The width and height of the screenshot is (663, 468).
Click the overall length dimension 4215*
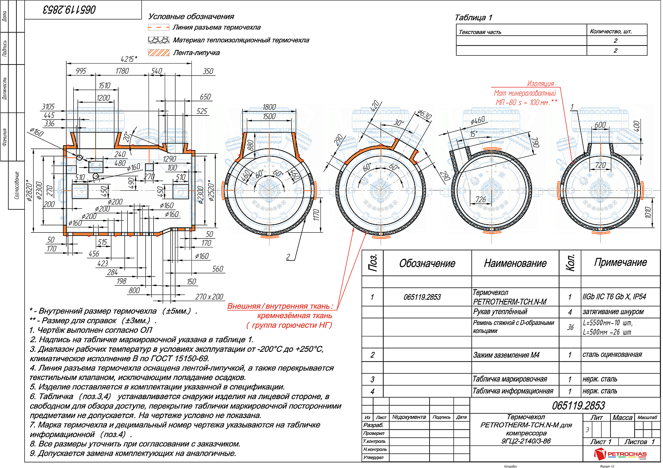tap(129, 59)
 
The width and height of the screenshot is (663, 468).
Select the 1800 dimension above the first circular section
tap(269, 107)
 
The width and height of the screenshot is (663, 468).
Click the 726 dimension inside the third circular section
tap(480, 200)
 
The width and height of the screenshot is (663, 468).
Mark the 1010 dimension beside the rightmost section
tap(648, 212)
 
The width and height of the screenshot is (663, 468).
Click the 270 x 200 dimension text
tap(209, 297)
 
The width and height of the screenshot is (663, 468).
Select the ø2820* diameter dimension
tap(30, 190)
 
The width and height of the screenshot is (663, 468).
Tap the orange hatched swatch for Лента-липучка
tap(159, 53)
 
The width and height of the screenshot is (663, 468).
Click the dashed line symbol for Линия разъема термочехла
tap(159, 27)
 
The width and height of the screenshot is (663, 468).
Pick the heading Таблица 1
tap(473, 18)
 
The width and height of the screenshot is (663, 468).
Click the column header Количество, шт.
tap(611, 31)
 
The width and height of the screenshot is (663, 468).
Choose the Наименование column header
tap(515, 264)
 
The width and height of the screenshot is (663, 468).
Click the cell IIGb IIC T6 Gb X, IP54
tap(614, 297)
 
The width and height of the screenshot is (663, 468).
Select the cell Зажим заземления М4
tap(506, 355)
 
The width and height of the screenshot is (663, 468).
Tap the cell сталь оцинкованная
tap(612, 355)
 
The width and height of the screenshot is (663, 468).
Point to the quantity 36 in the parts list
tap(570, 327)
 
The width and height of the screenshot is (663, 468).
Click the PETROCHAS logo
tap(621, 454)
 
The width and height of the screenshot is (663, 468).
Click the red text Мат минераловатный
tap(525, 93)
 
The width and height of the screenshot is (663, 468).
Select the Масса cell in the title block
tap(622, 418)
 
